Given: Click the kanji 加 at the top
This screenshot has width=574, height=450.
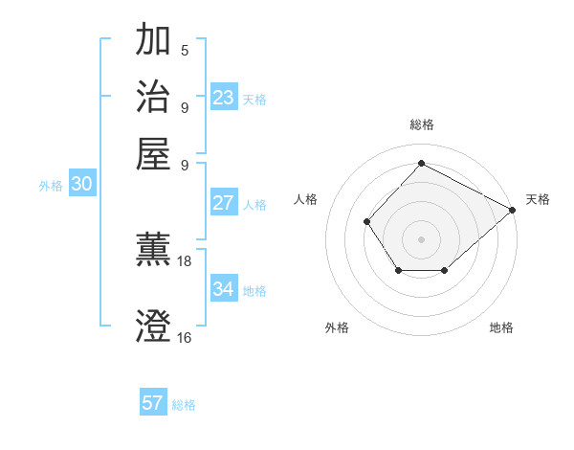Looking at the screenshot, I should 153,41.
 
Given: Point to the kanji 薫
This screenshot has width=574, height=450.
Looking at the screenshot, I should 153,251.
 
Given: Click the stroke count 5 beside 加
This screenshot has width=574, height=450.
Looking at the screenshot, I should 185,51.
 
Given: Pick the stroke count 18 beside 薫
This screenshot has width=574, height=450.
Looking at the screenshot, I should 185,260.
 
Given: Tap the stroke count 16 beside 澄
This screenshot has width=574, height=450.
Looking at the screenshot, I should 185,337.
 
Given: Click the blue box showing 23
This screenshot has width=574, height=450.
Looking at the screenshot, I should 223,98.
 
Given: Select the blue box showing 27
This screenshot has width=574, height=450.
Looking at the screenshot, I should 223,203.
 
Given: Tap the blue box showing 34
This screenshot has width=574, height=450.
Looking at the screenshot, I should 223,289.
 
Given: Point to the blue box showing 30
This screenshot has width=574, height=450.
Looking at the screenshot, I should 81,185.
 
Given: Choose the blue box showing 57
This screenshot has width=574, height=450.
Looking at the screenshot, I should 153,403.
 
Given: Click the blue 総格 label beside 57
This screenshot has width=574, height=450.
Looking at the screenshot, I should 184,405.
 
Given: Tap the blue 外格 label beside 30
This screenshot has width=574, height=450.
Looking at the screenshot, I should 51,187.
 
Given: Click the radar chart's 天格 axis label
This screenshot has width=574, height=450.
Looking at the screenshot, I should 538,199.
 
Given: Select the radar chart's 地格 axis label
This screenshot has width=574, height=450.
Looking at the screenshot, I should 501,327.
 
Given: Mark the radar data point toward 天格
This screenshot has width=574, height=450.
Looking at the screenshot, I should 513,210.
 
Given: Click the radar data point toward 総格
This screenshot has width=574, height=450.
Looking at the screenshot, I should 421,163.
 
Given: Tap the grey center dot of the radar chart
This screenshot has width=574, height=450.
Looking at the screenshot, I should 421,238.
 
